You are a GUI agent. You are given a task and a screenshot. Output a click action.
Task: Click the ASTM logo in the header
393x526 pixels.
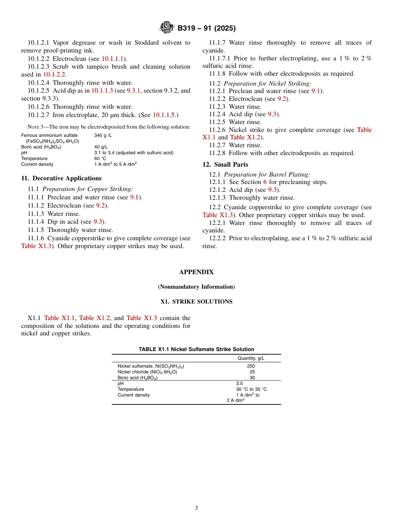tap(167, 28)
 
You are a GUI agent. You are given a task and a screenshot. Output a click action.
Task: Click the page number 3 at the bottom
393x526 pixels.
tap(196, 508)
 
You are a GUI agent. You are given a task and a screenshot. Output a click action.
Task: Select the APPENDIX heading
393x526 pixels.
tap(196, 272)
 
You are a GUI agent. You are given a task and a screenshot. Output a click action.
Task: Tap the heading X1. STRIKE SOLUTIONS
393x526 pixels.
tap(196, 302)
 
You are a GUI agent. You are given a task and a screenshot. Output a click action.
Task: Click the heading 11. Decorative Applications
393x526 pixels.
tap(61, 178)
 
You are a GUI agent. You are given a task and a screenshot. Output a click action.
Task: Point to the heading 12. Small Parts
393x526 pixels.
tap(225, 165)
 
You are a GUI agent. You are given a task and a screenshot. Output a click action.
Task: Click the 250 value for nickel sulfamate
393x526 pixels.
tap(251, 366)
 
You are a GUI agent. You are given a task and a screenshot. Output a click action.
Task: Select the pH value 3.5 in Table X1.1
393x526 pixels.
tap(239, 384)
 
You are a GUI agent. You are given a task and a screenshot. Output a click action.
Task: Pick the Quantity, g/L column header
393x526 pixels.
tap(251, 358)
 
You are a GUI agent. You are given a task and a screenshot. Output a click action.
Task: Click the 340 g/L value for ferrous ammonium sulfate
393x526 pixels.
tap(103, 136)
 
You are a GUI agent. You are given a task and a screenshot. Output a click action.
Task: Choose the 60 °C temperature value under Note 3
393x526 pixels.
tap(100, 159)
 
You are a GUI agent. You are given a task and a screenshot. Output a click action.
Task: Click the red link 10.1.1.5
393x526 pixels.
tap(164, 115)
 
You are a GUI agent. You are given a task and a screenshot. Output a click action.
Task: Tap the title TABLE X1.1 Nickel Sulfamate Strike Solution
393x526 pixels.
tap(196, 349)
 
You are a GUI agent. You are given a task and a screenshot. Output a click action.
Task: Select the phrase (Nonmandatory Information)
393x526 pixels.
tap(196, 287)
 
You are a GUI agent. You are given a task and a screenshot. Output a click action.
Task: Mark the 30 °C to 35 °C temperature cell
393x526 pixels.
tap(251, 390)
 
